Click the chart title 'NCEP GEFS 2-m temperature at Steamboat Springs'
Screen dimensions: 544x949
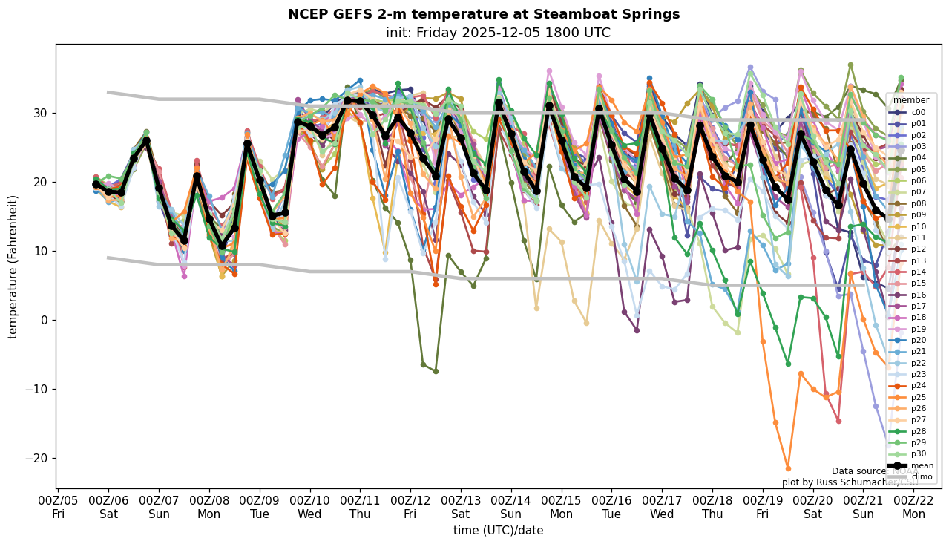(483, 14)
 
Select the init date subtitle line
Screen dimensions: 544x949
(498, 33)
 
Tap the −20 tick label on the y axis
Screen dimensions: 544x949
(37, 458)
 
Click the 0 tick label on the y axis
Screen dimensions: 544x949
(45, 320)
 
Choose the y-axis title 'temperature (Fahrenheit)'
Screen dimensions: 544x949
(13, 266)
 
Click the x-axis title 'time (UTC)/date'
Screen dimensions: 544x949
(498, 531)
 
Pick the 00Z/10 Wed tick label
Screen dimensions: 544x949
(310, 508)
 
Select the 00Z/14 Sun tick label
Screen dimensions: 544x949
(511, 508)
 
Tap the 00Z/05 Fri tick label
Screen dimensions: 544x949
(59, 508)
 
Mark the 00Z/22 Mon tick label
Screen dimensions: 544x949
(913, 508)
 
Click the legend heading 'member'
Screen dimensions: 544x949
(910, 100)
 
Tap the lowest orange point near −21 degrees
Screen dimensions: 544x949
(788, 468)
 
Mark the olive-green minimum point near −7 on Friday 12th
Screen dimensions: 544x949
(436, 371)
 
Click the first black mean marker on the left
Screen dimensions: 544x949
(96, 184)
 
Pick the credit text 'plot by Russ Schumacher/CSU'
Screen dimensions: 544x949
(850, 482)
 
